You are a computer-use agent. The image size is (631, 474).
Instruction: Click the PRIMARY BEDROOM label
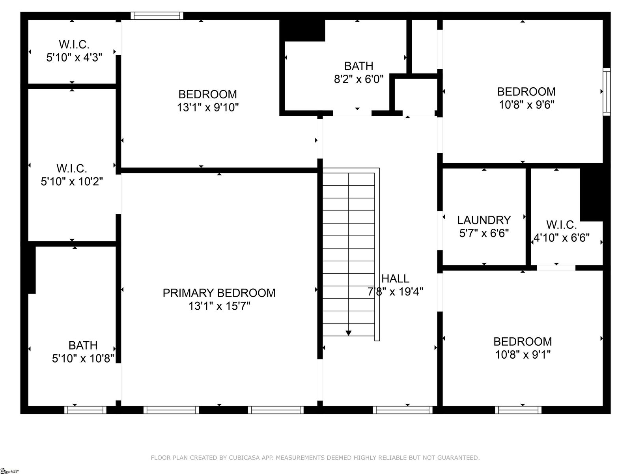click(x=219, y=293)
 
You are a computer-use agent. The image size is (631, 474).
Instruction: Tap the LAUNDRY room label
click(x=484, y=220)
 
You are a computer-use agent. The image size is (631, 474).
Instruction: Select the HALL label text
click(x=395, y=278)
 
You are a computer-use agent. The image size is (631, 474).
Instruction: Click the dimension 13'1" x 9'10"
click(x=208, y=107)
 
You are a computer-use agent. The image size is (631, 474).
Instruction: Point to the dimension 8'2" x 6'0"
click(x=358, y=79)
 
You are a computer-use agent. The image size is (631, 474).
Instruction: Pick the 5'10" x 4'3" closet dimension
click(x=74, y=58)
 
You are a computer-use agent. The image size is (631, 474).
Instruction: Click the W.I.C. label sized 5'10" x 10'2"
click(x=72, y=169)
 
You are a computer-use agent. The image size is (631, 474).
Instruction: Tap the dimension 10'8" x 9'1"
click(x=523, y=354)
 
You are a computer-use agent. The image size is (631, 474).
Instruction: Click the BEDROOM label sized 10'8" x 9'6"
click(x=526, y=92)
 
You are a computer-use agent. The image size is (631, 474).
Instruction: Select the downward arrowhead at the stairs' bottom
click(x=348, y=333)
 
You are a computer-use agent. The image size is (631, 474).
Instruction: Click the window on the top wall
click(x=157, y=16)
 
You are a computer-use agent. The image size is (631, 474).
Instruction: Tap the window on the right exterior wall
click(x=607, y=92)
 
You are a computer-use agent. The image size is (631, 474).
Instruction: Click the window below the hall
click(x=402, y=410)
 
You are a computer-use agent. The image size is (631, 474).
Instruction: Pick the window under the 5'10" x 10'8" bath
click(x=85, y=410)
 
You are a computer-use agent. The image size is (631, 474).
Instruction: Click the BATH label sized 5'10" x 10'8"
click(x=83, y=345)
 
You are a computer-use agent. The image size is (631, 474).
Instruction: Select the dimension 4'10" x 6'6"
click(x=561, y=238)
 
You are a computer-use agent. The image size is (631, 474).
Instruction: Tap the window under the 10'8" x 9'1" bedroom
click(x=518, y=410)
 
